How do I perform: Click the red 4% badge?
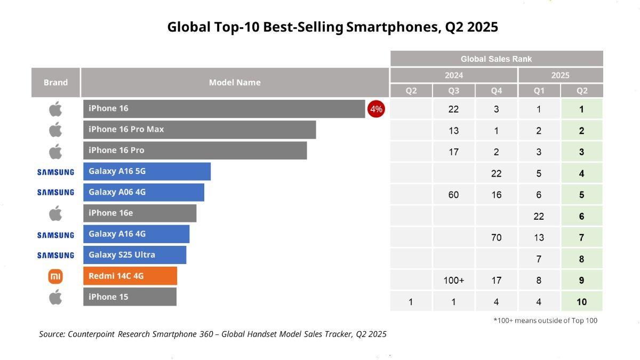tap(376, 109)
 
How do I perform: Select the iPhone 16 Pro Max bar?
tap(199, 130)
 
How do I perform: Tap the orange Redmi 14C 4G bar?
tap(130, 276)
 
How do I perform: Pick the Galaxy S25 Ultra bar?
tap(134, 255)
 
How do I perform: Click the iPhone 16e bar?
tap(140, 213)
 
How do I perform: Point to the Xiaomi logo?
tap(55, 276)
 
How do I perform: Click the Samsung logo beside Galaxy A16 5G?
tap(55, 172)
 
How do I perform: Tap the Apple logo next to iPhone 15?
tap(55, 297)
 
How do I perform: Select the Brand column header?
tap(55, 83)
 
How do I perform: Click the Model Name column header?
tap(235, 83)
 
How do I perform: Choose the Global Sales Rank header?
tap(497, 59)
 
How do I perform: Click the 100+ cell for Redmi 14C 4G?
tap(454, 281)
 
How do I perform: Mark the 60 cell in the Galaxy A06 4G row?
tap(454, 195)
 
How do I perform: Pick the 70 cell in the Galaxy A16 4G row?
tap(497, 237)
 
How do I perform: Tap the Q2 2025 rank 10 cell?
tap(582, 302)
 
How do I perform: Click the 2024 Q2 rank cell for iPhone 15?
tap(411, 302)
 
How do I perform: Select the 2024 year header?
tap(454, 75)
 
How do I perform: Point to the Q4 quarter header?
tap(497, 91)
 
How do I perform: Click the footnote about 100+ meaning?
tap(545, 321)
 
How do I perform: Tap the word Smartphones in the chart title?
tap(392, 27)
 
